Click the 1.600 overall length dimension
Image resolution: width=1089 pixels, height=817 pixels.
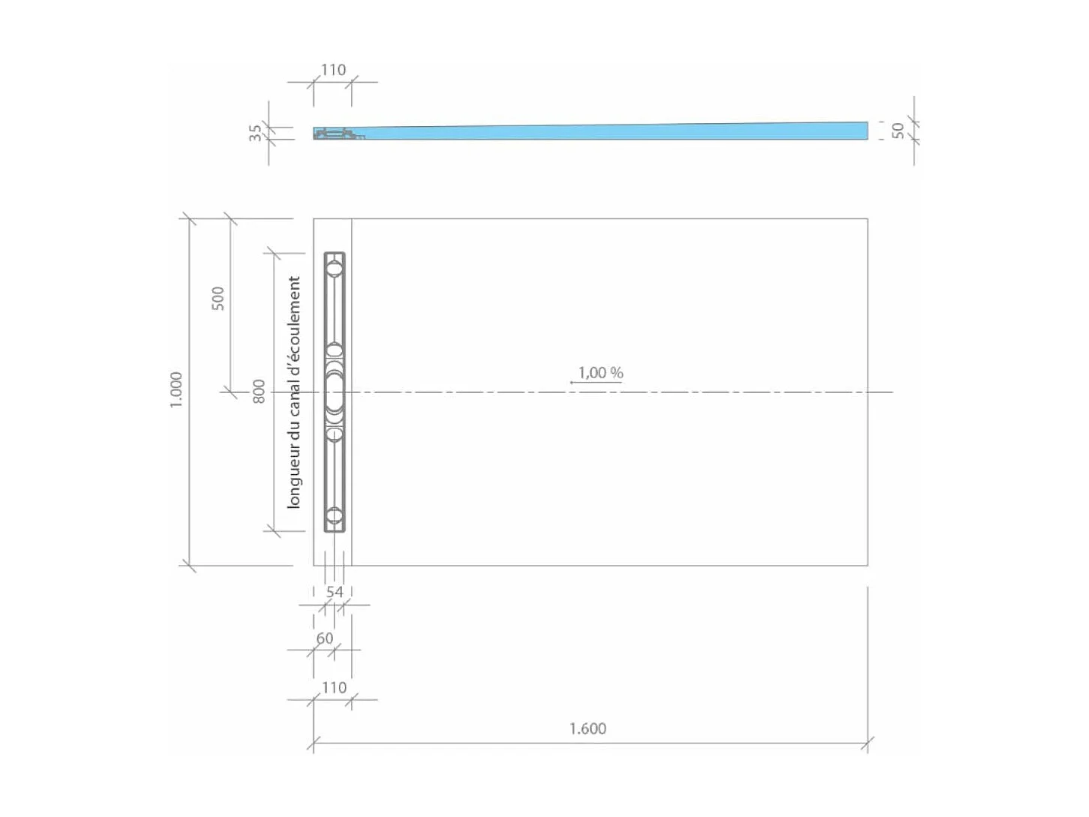pyautogui.click(x=587, y=728)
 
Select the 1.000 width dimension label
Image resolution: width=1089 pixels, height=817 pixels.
pyautogui.click(x=176, y=390)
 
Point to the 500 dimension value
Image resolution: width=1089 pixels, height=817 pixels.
pyautogui.click(x=217, y=298)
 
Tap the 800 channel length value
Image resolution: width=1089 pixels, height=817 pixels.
pyautogui.click(x=259, y=391)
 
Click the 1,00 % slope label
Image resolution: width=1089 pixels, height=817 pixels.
pyautogui.click(x=600, y=373)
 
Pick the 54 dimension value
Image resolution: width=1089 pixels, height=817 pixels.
pyautogui.click(x=334, y=592)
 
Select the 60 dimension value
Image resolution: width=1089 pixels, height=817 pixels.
pyautogui.click(x=324, y=638)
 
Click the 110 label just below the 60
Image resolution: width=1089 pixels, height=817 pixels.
pyautogui.click(x=334, y=687)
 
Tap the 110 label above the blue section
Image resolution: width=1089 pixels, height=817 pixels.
pyautogui.click(x=333, y=70)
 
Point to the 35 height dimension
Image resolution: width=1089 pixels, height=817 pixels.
pyautogui.click(x=256, y=132)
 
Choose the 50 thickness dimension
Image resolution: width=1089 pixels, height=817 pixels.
pyautogui.click(x=898, y=131)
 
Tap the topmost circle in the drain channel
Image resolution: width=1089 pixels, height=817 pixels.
pyautogui.click(x=334, y=268)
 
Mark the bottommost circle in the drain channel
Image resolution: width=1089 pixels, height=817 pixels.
pyautogui.click(x=334, y=516)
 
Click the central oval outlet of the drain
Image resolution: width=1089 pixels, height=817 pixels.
pyautogui.click(x=334, y=392)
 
